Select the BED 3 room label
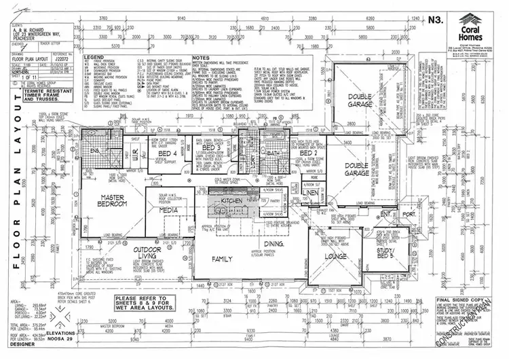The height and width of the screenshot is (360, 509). [x=212, y=147]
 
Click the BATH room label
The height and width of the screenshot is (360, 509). [x=274, y=154]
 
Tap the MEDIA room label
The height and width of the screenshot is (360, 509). [x=168, y=211]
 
